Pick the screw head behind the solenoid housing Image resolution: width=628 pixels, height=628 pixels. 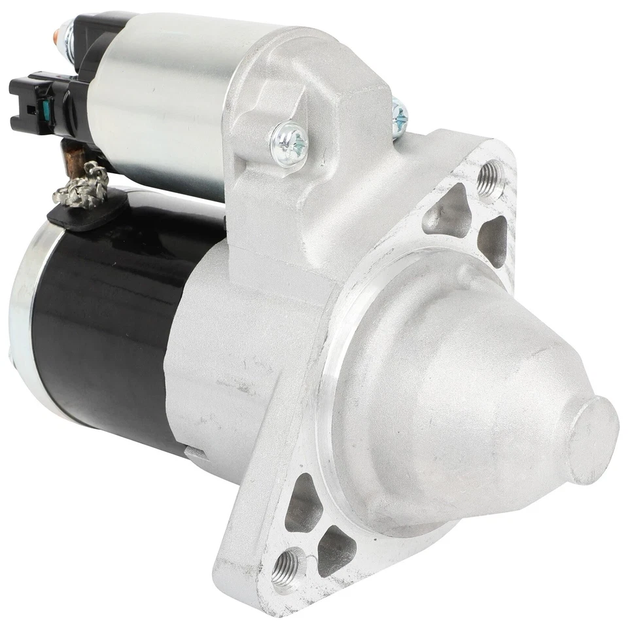click(x=398, y=118)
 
